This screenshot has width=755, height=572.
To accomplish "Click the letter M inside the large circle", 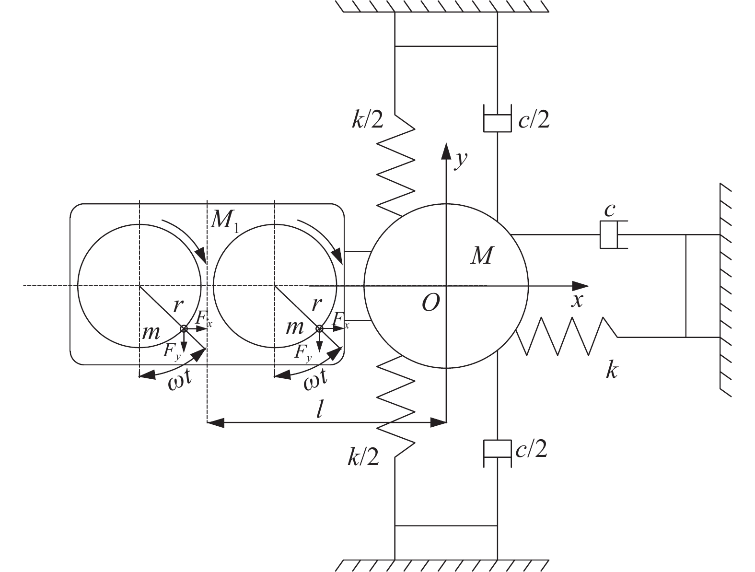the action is click(482, 256).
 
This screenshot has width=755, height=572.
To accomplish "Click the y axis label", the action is click(461, 160).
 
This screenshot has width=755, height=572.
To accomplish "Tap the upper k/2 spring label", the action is click(367, 120).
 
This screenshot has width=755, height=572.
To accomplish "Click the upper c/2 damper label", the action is click(534, 120).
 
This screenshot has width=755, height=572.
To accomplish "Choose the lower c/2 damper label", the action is click(531, 449).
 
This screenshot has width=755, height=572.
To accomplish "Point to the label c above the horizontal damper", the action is click(609, 210).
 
